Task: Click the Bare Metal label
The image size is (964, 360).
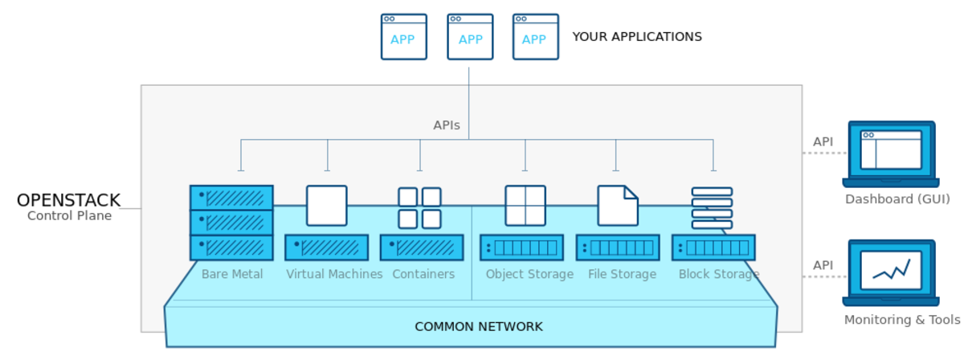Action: click(231, 274)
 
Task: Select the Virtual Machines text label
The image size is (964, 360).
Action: click(333, 274)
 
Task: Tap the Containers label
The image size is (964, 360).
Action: click(423, 274)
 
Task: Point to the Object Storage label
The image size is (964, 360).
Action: click(529, 274)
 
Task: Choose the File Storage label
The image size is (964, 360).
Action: click(622, 274)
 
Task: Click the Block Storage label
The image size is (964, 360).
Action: click(718, 274)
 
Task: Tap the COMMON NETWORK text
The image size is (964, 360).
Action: click(478, 326)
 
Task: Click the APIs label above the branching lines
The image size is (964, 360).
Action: click(447, 125)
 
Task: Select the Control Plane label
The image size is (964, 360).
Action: click(69, 215)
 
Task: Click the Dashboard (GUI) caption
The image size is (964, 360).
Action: click(897, 199)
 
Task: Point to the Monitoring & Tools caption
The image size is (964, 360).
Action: click(901, 320)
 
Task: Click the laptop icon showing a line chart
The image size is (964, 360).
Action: click(890, 271)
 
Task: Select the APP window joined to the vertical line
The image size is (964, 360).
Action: click(470, 37)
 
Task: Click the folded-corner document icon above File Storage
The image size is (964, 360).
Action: click(617, 206)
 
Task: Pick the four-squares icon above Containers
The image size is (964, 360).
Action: click(419, 207)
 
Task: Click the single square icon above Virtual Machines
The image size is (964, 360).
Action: click(327, 206)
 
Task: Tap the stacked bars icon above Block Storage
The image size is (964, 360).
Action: click(712, 208)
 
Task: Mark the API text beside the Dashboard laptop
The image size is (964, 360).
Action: click(822, 142)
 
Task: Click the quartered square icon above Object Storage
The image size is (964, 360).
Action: click(525, 206)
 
